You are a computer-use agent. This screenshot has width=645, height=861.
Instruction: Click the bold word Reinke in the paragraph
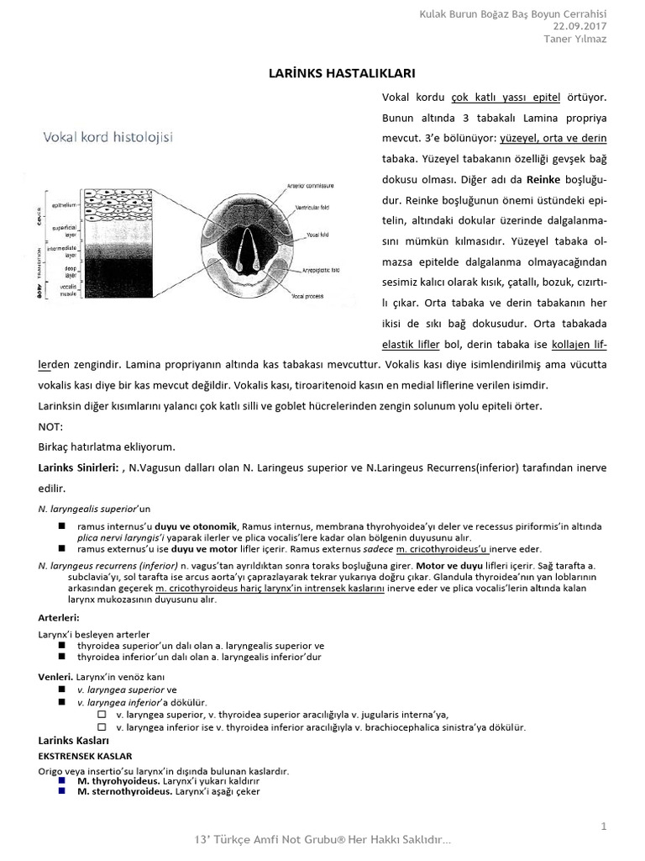[x=543, y=180]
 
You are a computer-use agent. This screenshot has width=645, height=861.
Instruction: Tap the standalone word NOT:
[x=51, y=426]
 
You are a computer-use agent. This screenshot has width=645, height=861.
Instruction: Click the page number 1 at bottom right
[x=603, y=827]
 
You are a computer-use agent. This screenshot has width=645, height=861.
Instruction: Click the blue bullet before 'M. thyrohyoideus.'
[x=62, y=780]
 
